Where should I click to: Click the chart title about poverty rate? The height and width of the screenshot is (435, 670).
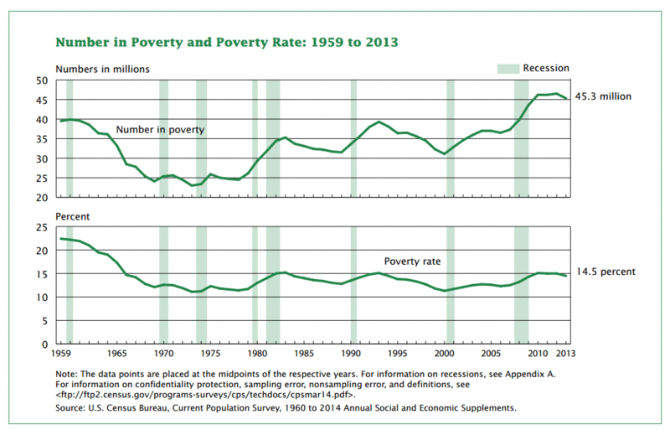226,41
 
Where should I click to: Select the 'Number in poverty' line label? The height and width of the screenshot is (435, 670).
160,130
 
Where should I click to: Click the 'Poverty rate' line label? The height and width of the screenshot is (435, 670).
411,262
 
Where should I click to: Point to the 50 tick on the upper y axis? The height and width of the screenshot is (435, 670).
41,80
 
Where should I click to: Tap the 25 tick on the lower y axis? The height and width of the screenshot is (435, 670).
41,227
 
